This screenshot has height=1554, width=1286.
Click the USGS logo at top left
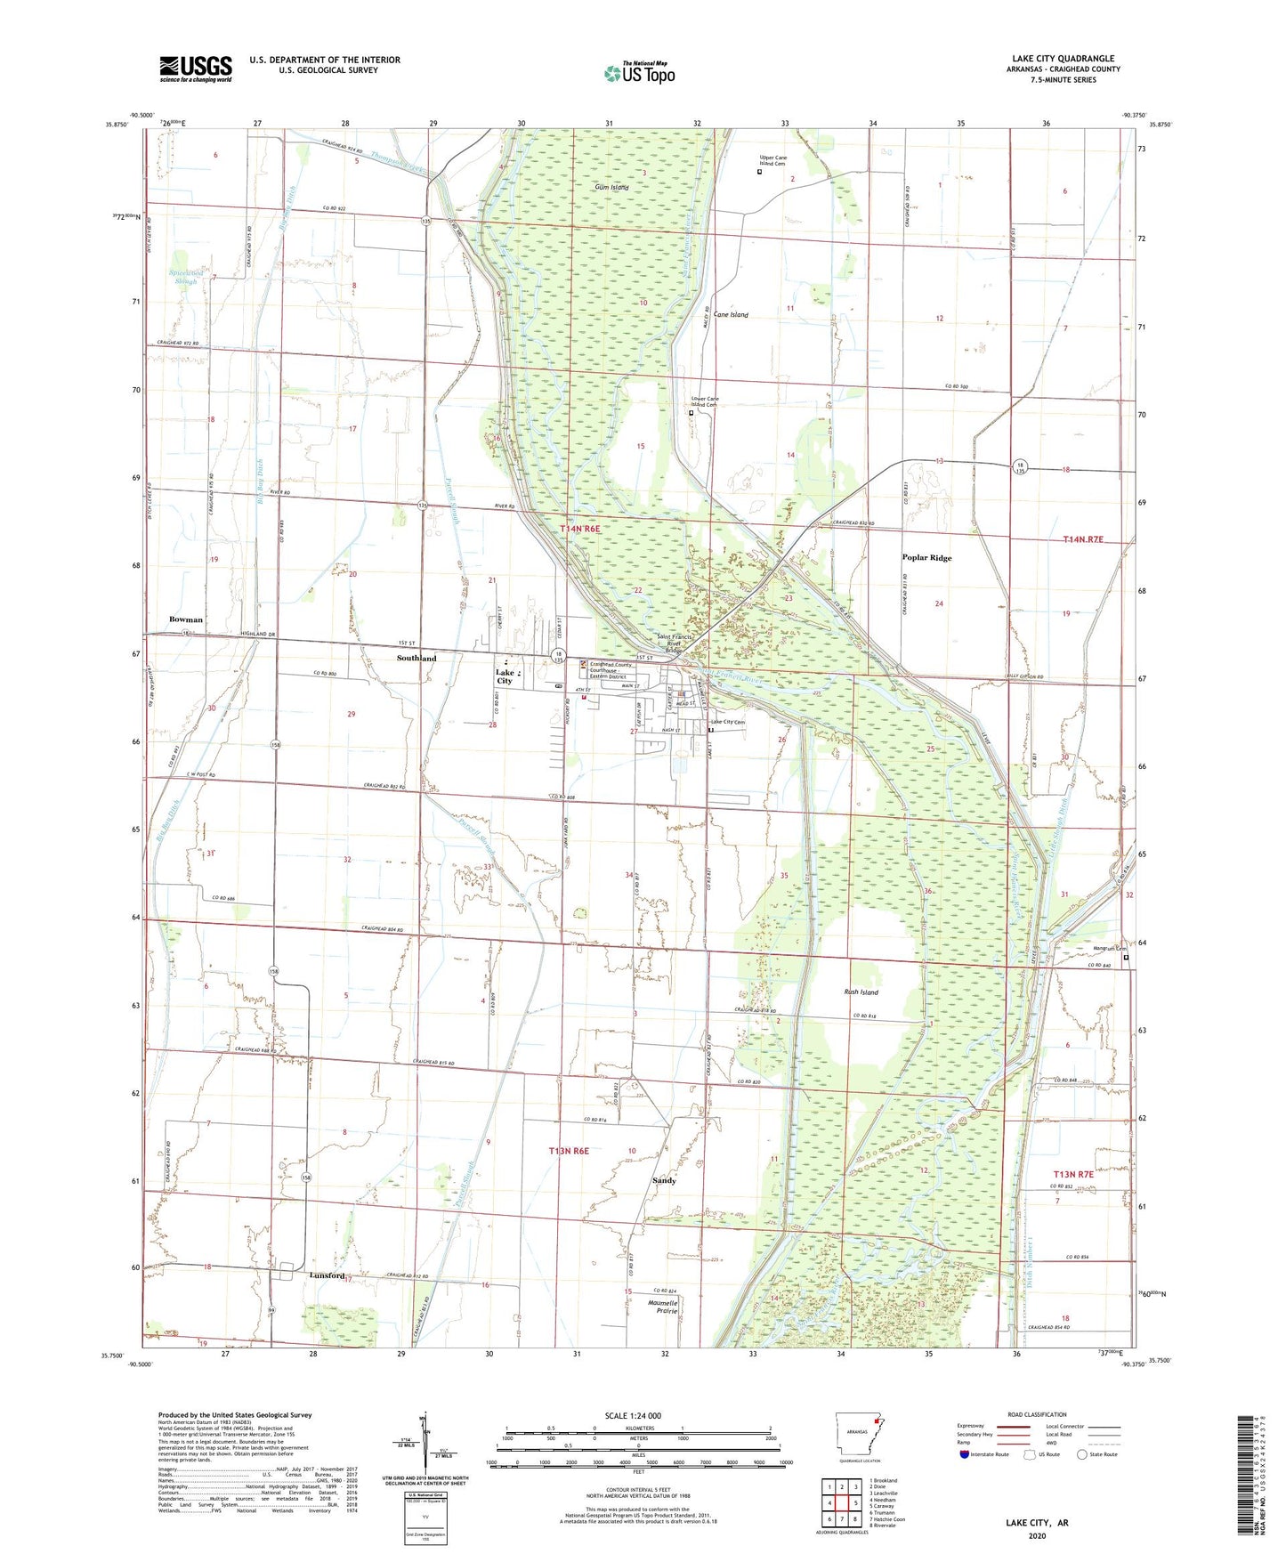[x=196, y=69]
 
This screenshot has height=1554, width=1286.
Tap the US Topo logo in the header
[x=639, y=72]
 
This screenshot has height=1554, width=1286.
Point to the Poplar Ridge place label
[x=927, y=558]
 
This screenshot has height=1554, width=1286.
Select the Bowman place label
[x=186, y=619]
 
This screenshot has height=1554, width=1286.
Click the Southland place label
[x=416, y=658]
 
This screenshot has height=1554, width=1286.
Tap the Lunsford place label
[x=327, y=1275]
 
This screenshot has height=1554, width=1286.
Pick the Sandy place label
[x=664, y=1180]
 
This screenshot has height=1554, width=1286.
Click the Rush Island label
[x=861, y=991]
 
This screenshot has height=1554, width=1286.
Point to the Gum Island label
[x=612, y=188]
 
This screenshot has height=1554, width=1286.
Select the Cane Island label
[x=731, y=315]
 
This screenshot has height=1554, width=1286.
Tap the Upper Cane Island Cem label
[x=772, y=161]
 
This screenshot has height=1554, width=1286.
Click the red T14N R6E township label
[x=580, y=529]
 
